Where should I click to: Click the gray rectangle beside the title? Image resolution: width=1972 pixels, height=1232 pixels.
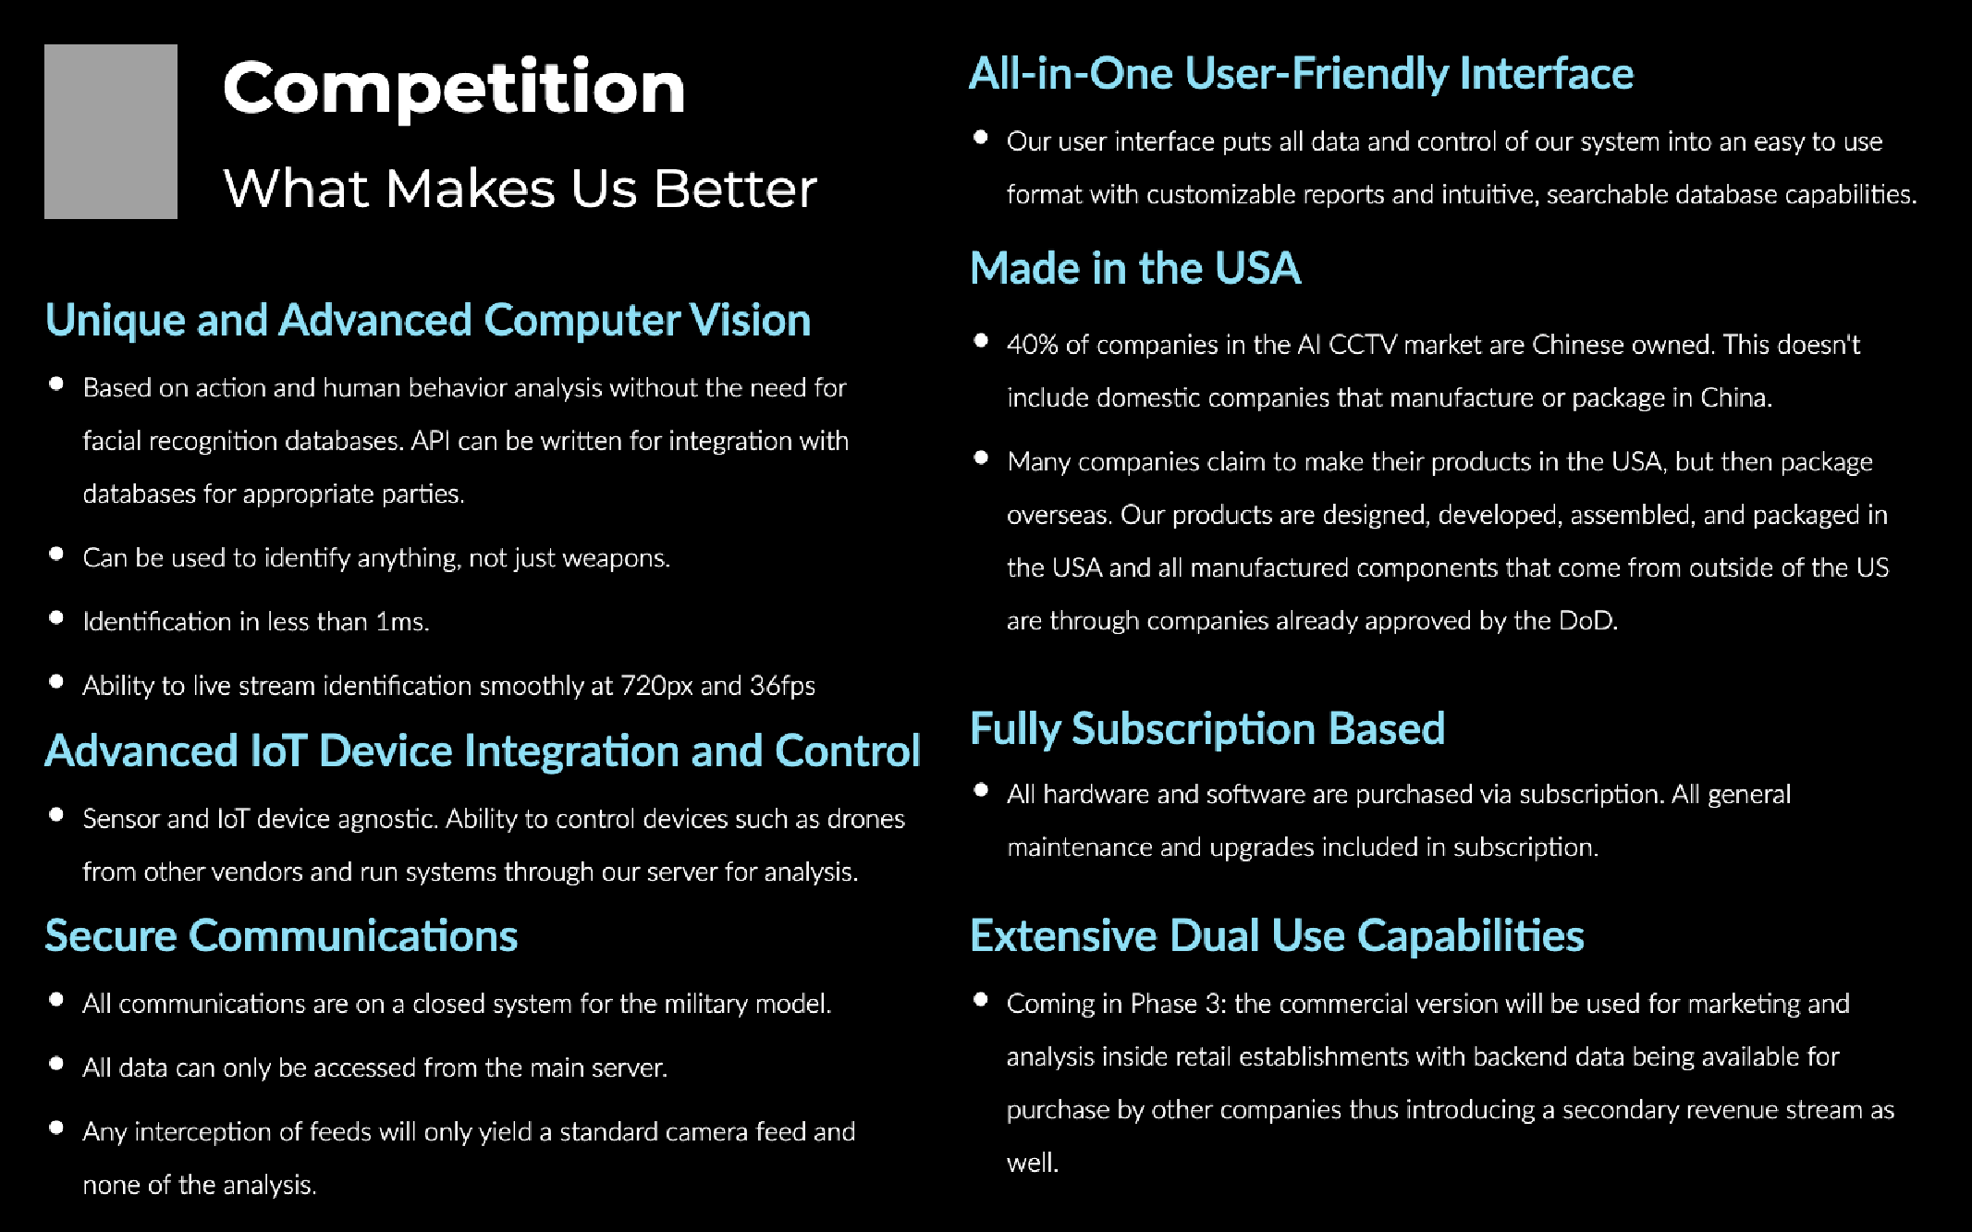pos(111,131)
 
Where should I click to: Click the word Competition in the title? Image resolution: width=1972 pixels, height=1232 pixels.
pos(454,89)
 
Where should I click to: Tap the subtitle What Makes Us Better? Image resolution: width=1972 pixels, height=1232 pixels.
pos(521,189)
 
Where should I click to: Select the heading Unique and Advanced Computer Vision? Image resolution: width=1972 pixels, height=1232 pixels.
pos(428,321)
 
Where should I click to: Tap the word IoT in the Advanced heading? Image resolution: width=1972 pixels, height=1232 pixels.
pos(278,750)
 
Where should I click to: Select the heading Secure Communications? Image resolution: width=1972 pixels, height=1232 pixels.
pos(282,936)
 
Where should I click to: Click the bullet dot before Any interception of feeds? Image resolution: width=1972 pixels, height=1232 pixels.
pos(56,1128)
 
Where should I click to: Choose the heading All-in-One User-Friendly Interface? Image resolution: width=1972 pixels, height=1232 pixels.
pos(1301,74)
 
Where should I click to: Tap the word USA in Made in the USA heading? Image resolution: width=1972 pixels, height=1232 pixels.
pos(1257,269)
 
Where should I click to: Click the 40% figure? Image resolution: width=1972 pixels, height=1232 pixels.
pos(1033,345)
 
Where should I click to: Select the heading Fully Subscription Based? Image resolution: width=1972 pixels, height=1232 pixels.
pos(1207,729)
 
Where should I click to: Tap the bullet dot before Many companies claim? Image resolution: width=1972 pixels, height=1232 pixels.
pos(981,457)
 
